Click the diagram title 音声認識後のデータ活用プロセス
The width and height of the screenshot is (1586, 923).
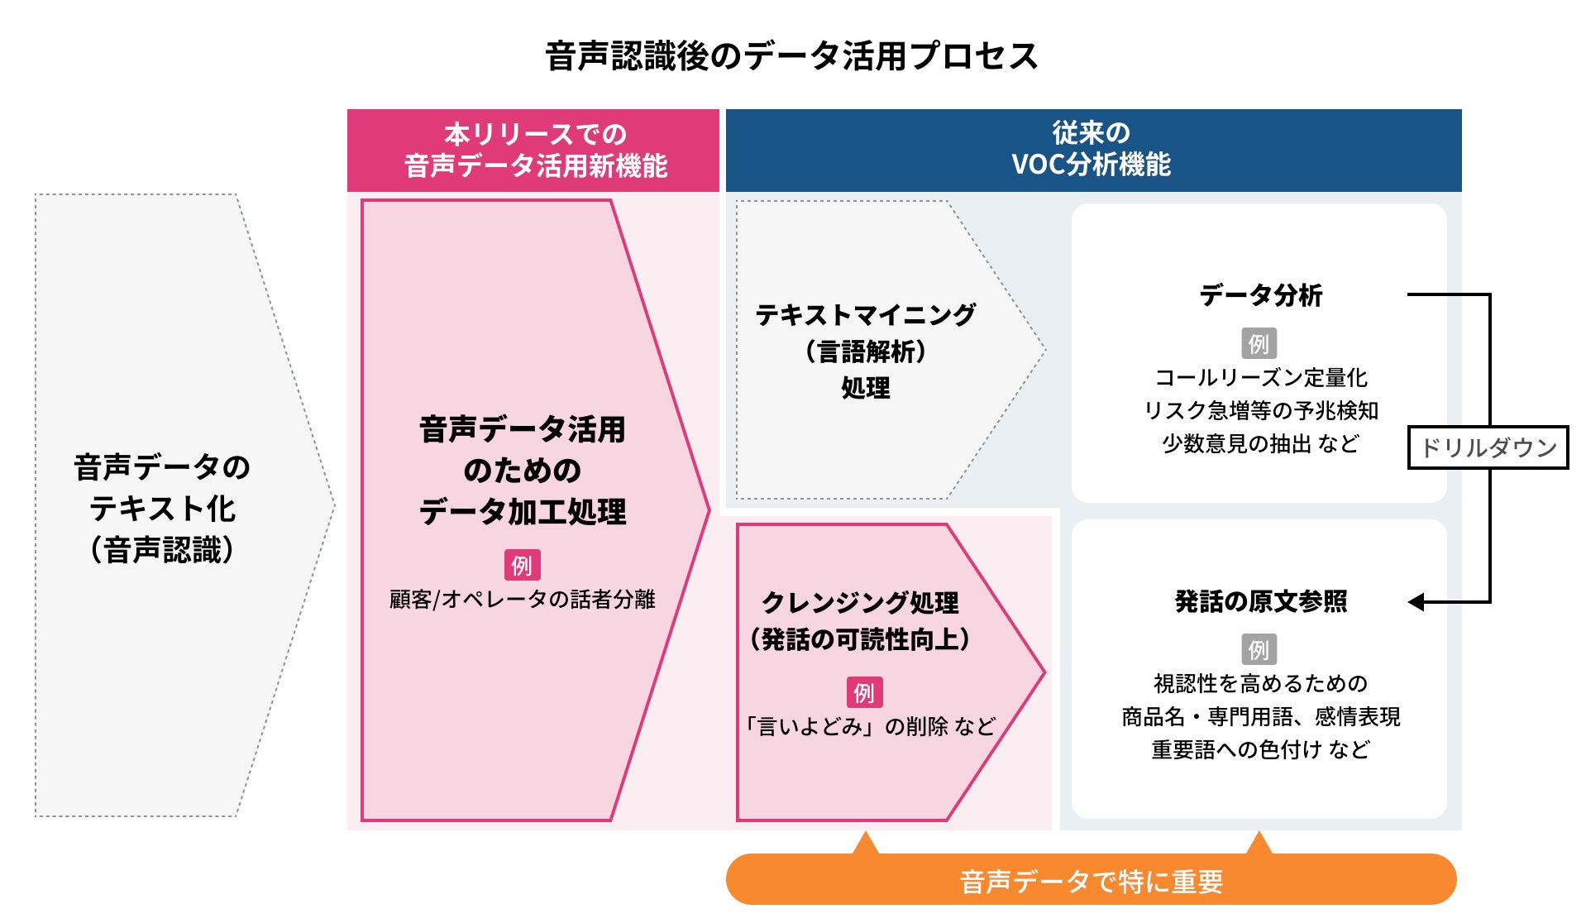tap(791, 56)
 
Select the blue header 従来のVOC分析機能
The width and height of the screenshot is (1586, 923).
tap(1092, 149)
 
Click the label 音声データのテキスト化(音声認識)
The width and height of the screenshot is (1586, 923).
tap(162, 508)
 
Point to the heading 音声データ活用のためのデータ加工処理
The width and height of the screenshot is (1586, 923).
tap(522, 470)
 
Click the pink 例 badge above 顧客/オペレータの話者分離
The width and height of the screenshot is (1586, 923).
tap(522, 566)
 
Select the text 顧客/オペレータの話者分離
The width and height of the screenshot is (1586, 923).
tap(522, 599)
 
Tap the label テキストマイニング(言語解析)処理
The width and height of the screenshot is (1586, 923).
tap(865, 351)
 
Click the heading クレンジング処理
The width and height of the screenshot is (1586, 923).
tap(860, 602)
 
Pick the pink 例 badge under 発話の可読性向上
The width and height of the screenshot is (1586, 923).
tap(864, 692)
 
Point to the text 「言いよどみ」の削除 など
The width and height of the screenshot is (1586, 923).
tap(870, 726)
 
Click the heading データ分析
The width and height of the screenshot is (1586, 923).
tap(1260, 295)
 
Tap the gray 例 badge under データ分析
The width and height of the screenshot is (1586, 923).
tap(1259, 343)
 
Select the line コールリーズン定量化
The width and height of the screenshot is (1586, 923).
tap(1260, 378)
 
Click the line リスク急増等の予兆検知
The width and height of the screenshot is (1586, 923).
tap(1260, 411)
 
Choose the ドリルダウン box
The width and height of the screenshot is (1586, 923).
tap(1488, 447)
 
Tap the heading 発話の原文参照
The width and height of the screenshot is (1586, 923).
tap(1260, 601)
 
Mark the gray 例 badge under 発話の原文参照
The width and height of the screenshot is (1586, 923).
tap(1259, 649)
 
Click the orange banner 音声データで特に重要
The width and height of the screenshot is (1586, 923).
tap(1091, 881)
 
